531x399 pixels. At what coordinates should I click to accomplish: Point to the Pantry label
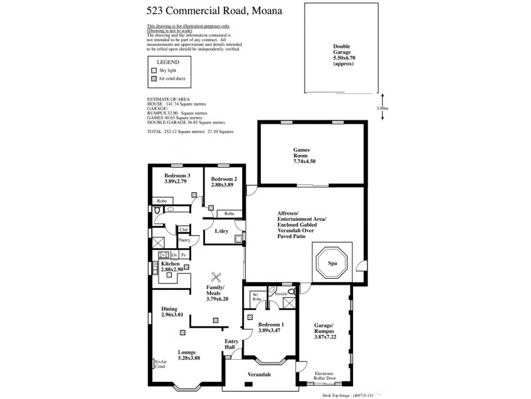click(x=185, y=240)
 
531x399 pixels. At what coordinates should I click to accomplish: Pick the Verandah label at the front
click(x=260, y=376)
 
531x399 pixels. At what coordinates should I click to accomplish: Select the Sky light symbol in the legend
click(x=154, y=70)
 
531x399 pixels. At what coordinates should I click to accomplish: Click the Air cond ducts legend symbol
click(x=154, y=78)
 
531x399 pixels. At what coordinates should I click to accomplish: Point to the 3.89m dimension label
click(x=382, y=108)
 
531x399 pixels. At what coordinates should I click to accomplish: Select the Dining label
click(x=171, y=311)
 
